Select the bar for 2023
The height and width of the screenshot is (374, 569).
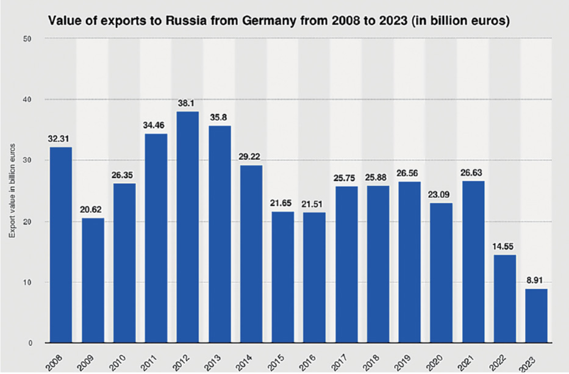[x=535, y=316]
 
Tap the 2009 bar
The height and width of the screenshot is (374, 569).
[x=93, y=281]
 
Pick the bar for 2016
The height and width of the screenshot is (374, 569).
[x=314, y=278]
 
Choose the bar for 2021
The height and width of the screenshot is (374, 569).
[x=472, y=262]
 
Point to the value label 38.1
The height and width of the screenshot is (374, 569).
[x=188, y=103]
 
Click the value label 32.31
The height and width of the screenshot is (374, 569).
[x=62, y=138]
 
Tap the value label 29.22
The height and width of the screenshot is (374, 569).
[x=251, y=157]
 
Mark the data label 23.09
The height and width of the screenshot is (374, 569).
[x=440, y=194]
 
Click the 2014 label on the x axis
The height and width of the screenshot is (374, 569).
[x=250, y=359]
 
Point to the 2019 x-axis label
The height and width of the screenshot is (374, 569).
[x=408, y=359]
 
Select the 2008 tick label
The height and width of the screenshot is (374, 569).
[x=60, y=359]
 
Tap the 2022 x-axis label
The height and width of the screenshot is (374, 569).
[x=503, y=359]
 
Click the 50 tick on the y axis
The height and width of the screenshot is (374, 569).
[x=28, y=38]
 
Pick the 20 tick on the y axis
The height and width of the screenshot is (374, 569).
[x=28, y=221]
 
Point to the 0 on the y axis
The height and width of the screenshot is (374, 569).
[x=30, y=343]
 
